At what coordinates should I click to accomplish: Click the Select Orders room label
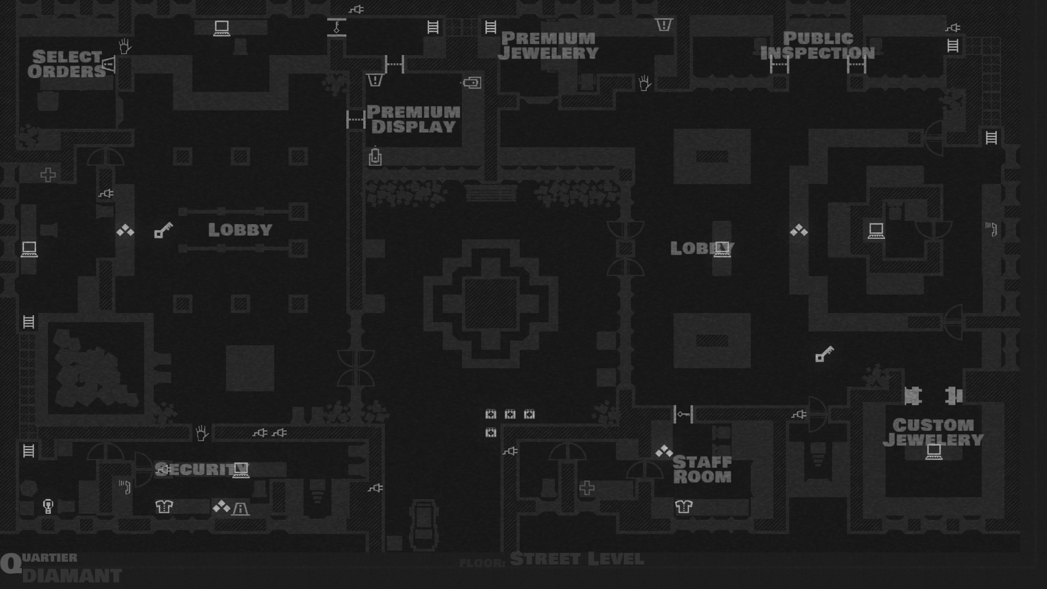point(67,64)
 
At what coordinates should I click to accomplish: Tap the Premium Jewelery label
point(548,46)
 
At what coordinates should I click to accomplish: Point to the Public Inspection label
point(817,46)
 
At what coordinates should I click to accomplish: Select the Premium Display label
point(413,119)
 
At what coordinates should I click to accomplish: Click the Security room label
point(195,470)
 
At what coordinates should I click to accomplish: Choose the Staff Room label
point(702,470)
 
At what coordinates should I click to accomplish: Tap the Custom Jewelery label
point(933,432)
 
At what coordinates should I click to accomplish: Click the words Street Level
point(577,560)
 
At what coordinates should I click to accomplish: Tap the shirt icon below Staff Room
point(683,507)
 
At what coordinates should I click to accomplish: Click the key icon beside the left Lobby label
point(163,230)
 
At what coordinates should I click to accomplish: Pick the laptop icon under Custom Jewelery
point(934,452)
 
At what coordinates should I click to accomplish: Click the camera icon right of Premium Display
point(472,83)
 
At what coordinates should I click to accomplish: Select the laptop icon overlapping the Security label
point(240,470)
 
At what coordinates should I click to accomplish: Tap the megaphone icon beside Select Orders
point(109,64)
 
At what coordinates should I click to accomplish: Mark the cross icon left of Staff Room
point(587,488)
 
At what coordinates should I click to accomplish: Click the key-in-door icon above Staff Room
point(683,414)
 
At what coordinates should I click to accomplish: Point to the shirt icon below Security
point(164,507)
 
